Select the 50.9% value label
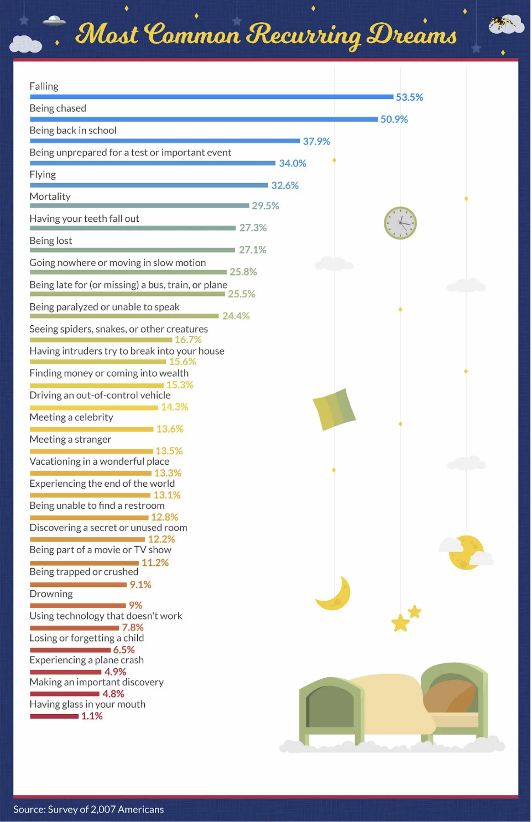[394, 119]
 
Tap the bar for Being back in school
[165, 141]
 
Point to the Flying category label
[42, 175]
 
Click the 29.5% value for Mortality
[265, 206]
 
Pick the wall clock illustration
[400, 223]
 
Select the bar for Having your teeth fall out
[133, 228]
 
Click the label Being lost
[51, 241]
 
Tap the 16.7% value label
[188, 340]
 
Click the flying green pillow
[334, 409]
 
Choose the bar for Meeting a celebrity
[91, 429]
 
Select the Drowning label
[51, 594]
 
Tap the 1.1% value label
[92, 716]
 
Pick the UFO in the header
[54, 21]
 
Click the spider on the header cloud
[500, 23]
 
